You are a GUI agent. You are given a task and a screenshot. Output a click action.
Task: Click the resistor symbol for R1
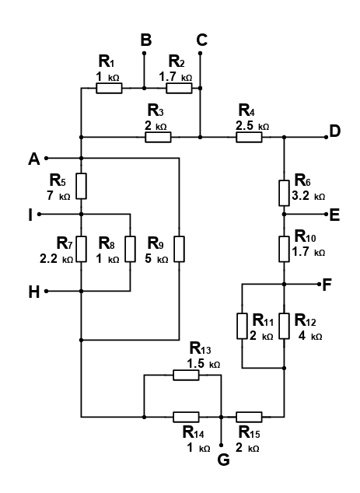point(109,89)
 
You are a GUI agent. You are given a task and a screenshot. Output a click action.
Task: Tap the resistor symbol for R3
point(158,138)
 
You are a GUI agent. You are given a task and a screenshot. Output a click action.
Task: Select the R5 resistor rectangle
point(82,186)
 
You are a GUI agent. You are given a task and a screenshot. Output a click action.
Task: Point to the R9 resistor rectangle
point(179,249)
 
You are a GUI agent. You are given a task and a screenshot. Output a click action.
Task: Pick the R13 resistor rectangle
point(186,375)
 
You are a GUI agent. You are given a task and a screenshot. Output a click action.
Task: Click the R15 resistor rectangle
point(249,417)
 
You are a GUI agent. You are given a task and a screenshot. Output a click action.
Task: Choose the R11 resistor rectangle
point(242,326)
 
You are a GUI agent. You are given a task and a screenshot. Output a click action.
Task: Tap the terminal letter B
point(146,40)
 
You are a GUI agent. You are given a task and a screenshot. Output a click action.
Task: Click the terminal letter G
point(224,460)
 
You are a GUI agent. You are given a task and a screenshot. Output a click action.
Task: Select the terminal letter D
point(335,131)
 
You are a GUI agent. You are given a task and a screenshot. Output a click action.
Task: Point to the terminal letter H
point(34,292)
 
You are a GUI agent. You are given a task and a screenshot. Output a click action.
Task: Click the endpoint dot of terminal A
point(46,158)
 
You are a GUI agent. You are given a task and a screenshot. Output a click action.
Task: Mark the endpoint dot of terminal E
point(326,214)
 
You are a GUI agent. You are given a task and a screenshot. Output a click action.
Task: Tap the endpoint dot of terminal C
point(201,54)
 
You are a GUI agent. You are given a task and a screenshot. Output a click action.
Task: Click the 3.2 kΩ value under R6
point(309,196)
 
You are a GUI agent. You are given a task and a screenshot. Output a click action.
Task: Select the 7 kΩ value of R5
point(58,196)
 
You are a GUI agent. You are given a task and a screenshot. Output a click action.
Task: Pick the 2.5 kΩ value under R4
point(253,126)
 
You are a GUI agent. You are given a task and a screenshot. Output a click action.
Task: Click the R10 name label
point(306,236)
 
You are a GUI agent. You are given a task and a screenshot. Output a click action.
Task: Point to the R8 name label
point(107,243)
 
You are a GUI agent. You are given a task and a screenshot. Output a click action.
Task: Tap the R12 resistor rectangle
point(285,326)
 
